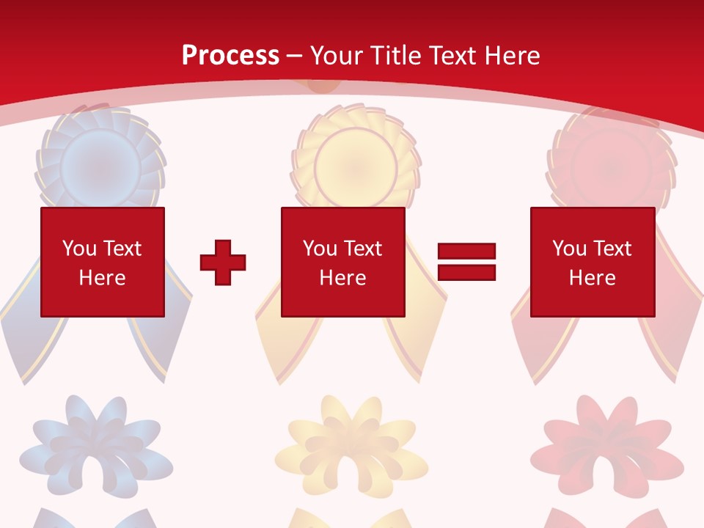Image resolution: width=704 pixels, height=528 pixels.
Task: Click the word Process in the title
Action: [x=230, y=56]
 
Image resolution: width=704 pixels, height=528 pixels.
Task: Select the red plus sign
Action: [x=223, y=262]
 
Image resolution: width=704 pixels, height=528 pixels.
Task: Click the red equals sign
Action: [x=466, y=262]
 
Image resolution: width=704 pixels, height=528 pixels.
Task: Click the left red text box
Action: [x=103, y=262]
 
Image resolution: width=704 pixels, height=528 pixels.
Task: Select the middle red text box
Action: [x=342, y=262]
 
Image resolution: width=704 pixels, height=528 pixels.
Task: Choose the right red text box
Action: [x=592, y=262]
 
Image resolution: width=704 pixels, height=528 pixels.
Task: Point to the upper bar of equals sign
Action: [x=466, y=252]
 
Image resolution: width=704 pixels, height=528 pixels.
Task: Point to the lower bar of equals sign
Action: [x=466, y=272]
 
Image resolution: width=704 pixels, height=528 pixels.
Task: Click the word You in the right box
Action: [x=569, y=249]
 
